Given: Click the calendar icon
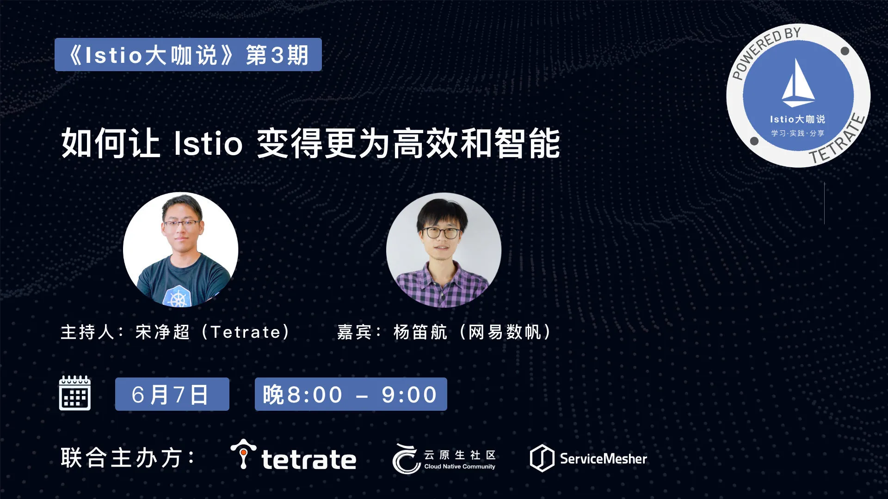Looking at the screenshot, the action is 75,393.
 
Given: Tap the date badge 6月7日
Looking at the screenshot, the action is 172,394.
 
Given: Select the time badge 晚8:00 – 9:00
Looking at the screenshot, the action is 351,394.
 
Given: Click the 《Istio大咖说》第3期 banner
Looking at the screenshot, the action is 188,55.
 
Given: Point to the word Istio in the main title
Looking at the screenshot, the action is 208,143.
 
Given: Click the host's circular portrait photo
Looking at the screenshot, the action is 181,250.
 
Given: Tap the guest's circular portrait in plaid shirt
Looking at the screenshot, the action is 444,250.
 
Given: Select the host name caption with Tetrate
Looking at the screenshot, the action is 176,332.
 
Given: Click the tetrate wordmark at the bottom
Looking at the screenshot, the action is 309,459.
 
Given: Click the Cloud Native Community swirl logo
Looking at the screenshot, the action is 406,458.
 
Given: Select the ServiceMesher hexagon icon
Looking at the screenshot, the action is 542,458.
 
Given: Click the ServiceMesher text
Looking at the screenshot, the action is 604,459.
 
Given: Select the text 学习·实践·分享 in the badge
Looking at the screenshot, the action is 798,133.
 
